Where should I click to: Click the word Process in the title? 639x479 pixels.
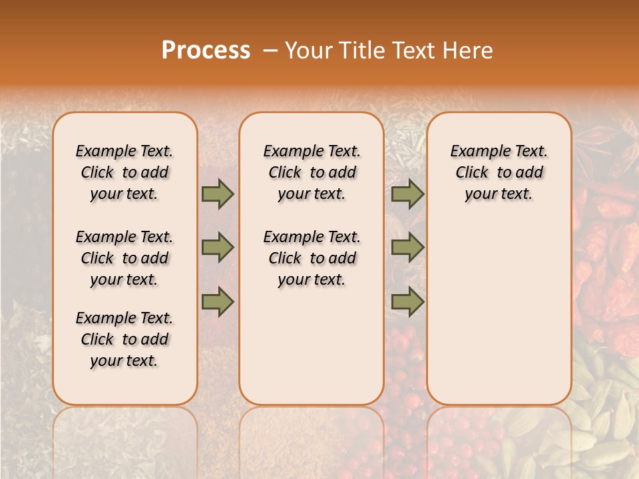(x=206, y=51)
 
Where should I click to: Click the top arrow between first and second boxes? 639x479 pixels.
(x=218, y=194)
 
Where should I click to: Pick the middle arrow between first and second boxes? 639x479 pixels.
(x=218, y=247)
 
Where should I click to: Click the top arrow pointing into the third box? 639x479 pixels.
(x=407, y=194)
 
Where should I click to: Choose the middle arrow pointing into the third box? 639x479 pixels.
(x=407, y=247)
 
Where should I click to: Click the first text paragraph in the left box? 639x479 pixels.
(x=124, y=172)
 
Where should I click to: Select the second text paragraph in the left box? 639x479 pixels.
(x=124, y=258)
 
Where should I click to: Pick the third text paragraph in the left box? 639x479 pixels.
(x=124, y=339)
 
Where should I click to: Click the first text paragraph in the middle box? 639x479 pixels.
(x=312, y=172)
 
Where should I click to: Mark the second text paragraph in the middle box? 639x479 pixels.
(x=312, y=258)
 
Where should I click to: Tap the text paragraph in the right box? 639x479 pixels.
(x=499, y=172)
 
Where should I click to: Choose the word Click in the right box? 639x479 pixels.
(x=473, y=173)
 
